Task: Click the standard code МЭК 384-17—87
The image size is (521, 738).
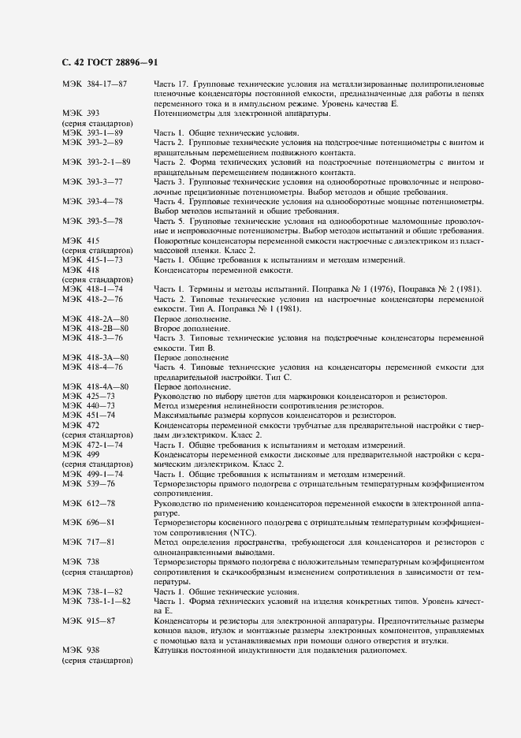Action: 95,84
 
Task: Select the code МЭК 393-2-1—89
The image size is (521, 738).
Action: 96,162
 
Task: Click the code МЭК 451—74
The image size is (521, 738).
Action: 89,415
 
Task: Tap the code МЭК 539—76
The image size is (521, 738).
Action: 89,483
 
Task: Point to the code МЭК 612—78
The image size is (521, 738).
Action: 89,502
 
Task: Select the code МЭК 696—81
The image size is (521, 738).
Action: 89,521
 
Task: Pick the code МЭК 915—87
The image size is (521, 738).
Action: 89,620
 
